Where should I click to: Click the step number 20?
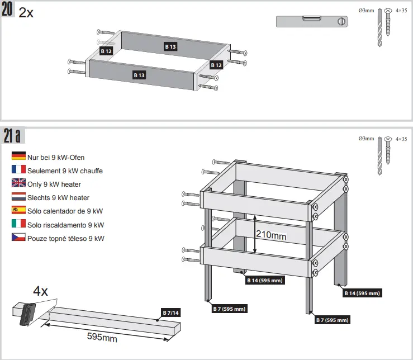tap(8, 11)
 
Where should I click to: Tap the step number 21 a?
tap(12, 136)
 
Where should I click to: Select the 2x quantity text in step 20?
tap(26, 12)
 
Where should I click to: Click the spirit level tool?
tap(312, 21)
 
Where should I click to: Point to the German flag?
tap(18, 157)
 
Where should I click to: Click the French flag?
tap(18, 170)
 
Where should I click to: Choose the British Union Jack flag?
tap(18, 183)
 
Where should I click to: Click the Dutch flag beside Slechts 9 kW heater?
tap(18, 197)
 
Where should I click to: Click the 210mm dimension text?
tap(271, 236)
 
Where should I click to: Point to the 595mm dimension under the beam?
tap(102, 337)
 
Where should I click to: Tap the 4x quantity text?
tap(41, 291)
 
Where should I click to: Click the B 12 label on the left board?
tap(106, 51)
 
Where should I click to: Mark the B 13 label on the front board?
tap(139, 75)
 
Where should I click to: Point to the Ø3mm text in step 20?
tap(365, 11)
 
